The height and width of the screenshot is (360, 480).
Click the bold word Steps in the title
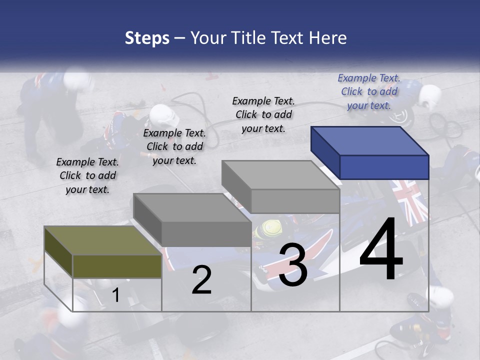click(147, 38)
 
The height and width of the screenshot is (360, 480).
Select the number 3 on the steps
click(292, 265)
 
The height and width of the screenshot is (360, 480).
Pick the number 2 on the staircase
click(201, 280)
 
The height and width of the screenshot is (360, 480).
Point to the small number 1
click(116, 295)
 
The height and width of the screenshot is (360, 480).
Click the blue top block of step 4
click(370, 152)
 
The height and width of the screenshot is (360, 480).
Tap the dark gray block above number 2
click(192, 220)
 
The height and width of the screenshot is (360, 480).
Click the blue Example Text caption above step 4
click(369, 91)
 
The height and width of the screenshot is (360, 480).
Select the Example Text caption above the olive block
click(87, 175)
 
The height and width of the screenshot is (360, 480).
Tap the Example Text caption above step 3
click(263, 114)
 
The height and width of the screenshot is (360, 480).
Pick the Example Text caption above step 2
click(174, 146)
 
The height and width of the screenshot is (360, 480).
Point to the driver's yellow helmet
click(266, 229)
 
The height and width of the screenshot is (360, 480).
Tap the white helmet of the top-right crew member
click(429, 96)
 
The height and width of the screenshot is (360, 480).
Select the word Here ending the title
click(328, 38)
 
